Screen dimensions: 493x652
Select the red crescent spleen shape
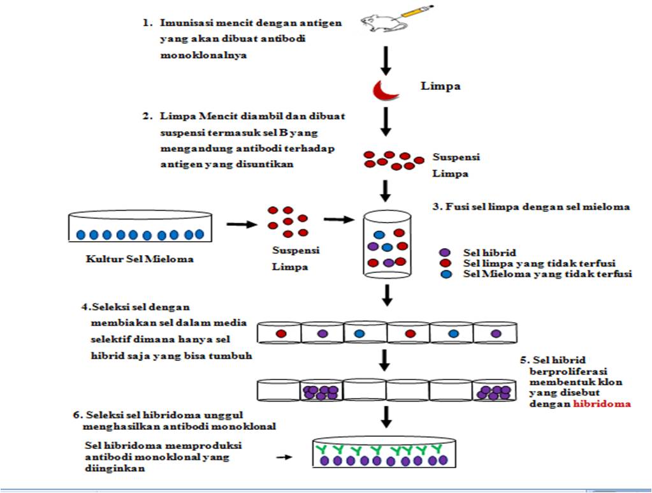tap(384, 91)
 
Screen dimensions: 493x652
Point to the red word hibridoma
tap(602, 404)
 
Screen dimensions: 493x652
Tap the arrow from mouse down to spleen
tap(385, 60)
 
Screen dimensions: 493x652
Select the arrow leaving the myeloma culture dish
tap(240, 224)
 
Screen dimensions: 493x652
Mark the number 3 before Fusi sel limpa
tap(435, 206)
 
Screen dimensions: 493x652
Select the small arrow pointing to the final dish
tap(286, 457)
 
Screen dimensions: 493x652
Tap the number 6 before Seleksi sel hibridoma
tap(76, 414)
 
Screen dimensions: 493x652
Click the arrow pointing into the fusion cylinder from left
tap(340, 219)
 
